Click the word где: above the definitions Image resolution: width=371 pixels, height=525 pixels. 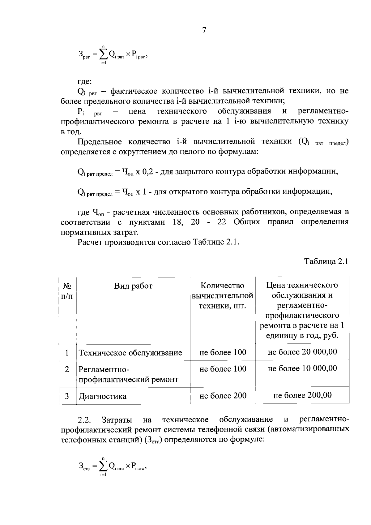click(84, 81)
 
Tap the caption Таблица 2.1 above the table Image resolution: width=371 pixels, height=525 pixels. click(326, 261)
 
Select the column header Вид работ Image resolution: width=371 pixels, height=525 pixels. click(133, 286)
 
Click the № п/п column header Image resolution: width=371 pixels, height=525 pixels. click(67, 291)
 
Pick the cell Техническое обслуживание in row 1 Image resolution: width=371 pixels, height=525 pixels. click(130, 353)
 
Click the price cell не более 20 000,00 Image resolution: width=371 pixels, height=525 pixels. click(302, 352)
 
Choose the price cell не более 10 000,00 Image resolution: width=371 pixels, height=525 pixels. click(302, 368)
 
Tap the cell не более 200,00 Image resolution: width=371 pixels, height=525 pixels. click(302, 395)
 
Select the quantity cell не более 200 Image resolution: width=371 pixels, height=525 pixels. click(223, 396)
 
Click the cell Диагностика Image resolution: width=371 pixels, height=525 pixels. click(102, 396)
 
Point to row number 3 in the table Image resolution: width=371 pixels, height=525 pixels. click(67, 396)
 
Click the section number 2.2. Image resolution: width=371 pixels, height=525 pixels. click(84, 420)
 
